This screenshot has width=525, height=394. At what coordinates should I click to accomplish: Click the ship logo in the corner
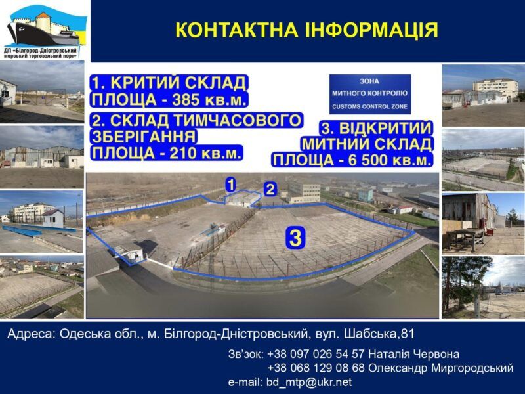pyautogui.click(x=45, y=31)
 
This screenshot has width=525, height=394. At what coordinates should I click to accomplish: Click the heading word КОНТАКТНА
pyautogui.click(x=236, y=30)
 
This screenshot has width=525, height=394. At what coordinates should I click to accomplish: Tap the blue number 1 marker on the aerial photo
pyautogui.click(x=231, y=185)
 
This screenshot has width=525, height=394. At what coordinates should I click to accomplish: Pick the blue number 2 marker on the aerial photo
pyautogui.click(x=270, y=189)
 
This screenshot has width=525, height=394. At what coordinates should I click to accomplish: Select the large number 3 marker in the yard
pyautogui.click(x=295, y=238)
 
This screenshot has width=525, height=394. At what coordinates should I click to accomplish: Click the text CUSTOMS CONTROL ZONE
pyautogui.click(x=369, y=106)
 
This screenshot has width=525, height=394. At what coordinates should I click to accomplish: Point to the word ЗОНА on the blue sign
pyautogui.click(x=369, y=81)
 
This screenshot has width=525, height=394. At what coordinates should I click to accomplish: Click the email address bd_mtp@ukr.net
pyautogui.click(x=309, y=382)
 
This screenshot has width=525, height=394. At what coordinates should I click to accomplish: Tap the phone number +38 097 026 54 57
pyautogui.click(x=316, y=354)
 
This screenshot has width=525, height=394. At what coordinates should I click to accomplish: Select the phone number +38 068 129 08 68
pyautogui.click(x=316, y=368)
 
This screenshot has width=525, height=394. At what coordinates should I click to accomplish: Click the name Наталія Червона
pyautogui.click(x=413, y=354)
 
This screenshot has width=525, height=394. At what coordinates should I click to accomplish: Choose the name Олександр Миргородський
pyautogui.click(x=440, y=368)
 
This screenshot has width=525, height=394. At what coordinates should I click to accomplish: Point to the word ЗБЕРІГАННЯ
pyautogui.click(x=144, y=137)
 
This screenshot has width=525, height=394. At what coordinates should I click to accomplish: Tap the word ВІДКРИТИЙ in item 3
pyautogui.click(x=385, y=128)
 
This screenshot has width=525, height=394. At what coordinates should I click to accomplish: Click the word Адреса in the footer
pyautogui.click(x=31, y=334)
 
